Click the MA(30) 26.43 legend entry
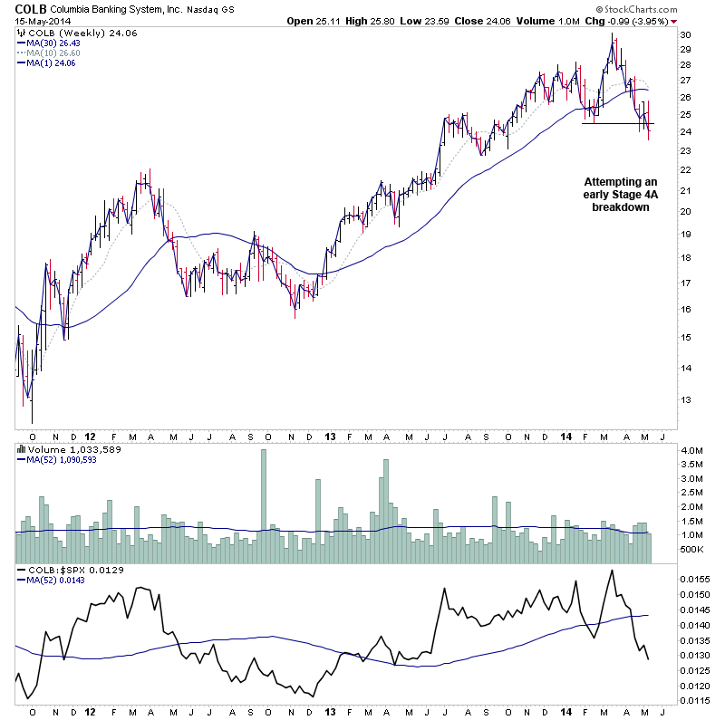[x=54, y=42]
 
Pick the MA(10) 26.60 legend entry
[x=54, y=52]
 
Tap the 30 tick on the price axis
[x=686, y=34]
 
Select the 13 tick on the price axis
[x=686, y=399]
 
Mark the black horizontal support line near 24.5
[x=616, y=123]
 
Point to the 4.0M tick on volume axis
[x=691, y=450]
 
